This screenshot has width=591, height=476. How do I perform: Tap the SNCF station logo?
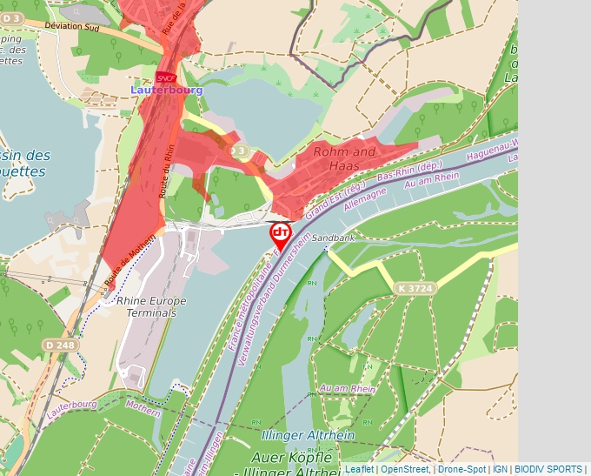click(166, 78)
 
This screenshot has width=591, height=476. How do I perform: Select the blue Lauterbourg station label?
click(166, 90)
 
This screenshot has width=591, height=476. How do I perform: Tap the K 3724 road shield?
click(414, 288)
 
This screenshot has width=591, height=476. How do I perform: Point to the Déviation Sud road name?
click(72, 26)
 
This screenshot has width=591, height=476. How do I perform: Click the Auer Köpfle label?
click(291, 457)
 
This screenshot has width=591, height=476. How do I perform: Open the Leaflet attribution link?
click(359, 469)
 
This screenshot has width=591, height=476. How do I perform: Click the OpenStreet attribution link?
click(404, 469)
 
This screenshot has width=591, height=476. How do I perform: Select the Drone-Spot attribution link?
click(462, 469)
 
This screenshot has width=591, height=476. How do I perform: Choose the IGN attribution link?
click(500, 469)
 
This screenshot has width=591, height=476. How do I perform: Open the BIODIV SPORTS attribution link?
click(548, 469)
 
